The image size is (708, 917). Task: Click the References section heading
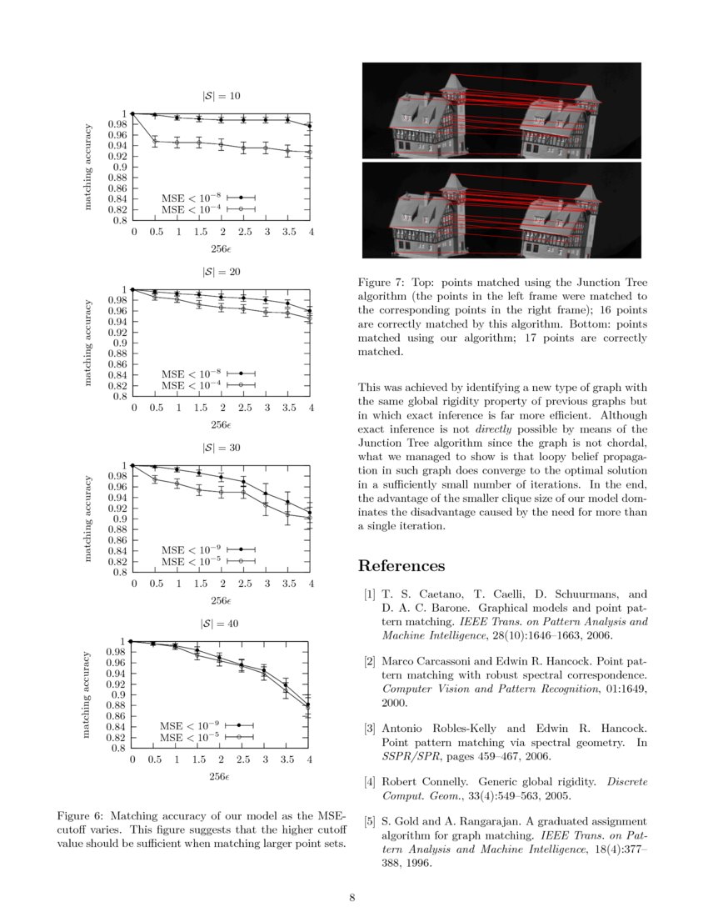click(401, 566)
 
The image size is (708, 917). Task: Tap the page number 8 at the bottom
click(352, 897)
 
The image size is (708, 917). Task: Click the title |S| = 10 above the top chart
click(222, 96)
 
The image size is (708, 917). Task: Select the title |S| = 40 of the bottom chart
click(221, 624)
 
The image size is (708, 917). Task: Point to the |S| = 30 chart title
click(222, 448)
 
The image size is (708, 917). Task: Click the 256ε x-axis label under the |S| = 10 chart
click(221, 248)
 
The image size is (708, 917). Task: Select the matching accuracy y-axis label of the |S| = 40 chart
click(86, 694)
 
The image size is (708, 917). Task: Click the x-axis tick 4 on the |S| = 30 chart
click(310, 584)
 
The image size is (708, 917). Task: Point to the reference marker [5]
click(369, 821)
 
